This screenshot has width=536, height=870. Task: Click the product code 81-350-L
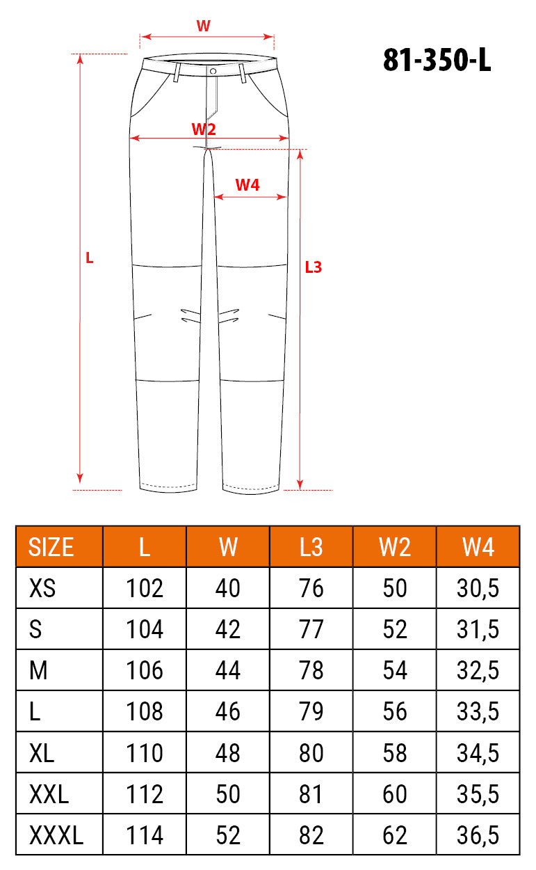tap(437, 60)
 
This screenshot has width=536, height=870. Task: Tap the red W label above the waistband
tap(203, 26)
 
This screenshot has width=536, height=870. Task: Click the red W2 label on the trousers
tap(204, 129)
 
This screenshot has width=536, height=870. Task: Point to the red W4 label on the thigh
tap(247, 185)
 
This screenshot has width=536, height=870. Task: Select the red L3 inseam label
tap(314, 267)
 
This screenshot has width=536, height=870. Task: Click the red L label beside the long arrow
tap(89, 258)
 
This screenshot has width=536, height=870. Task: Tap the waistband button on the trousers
tap(213, 71)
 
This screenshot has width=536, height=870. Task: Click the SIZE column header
tap(51, 547)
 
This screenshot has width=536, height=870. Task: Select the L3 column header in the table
tap(311, 547)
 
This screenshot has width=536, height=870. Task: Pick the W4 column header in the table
tap(478, 547)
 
